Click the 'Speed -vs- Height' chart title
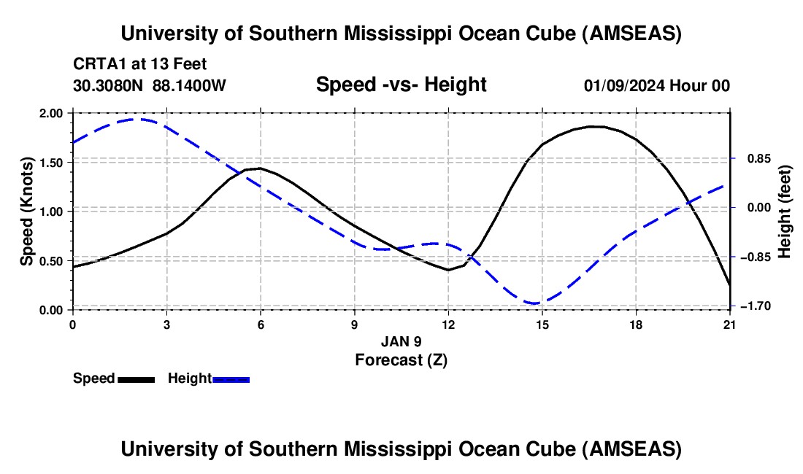(401, 85)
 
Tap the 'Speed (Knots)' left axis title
(27, 211)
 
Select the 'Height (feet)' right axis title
(785, 211)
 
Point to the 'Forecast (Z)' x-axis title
(401, 360)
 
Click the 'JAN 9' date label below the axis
(401, 341)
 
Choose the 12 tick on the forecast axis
(448, 324)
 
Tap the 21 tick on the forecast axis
(730, 324)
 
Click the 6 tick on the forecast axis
(260, 324)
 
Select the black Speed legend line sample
(136, 379)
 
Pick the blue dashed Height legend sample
(231, 379)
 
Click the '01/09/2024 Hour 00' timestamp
(656, 86)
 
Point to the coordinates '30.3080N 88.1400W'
(150, 86)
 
